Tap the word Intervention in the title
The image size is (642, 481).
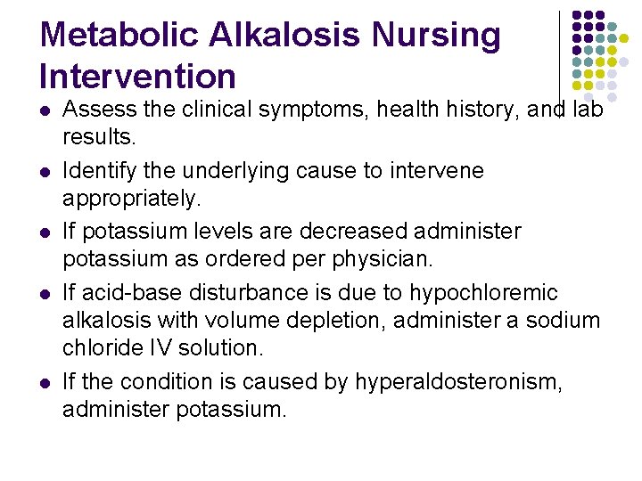(137, 77)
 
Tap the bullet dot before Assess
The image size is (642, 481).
(45, 111)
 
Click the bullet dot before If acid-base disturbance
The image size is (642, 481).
(45, 293)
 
